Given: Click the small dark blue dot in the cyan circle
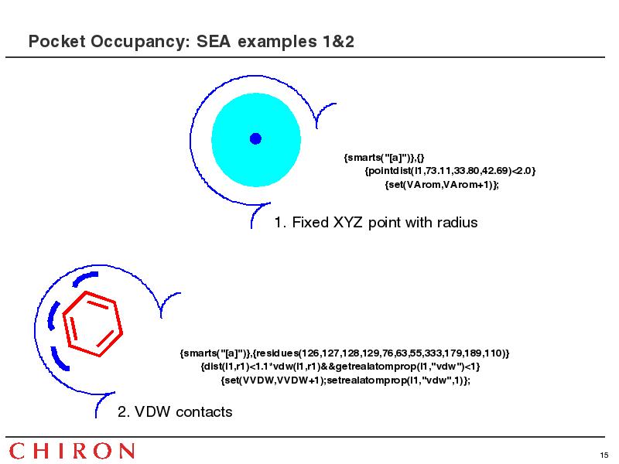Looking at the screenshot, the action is coord(255,139).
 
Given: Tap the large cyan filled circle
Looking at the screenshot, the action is coord(256,140).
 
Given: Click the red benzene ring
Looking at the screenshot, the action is coord(92,324).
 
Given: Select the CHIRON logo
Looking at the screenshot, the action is coord(71,451).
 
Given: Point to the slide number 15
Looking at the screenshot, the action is coord(604,455).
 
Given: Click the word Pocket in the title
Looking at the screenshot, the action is coord(56,42).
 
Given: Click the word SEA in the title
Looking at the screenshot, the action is coord(214,42).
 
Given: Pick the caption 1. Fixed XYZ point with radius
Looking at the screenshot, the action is coord(376,223).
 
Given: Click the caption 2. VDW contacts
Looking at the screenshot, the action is coord(175,412).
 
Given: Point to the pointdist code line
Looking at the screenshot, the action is coord(450,171).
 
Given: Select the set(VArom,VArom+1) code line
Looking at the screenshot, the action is coord(442,185).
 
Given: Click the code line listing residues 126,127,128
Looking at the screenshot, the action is coord(344,353).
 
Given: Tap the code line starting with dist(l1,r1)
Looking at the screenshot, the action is coord(340,367).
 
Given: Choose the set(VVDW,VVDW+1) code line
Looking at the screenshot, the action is coord(345,380).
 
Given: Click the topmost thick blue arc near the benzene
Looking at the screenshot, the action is coord(84,278).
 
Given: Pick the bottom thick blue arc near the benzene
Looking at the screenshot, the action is coord(59,360).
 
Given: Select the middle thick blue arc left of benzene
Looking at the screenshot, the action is coord(53,316).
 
